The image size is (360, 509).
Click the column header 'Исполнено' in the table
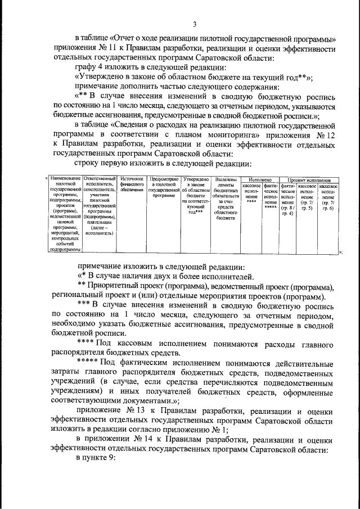pyautogui.click(x=259, y=179)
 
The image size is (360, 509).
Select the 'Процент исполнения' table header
pyautogui.click(x=309, y=179)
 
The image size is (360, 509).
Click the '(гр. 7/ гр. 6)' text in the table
pyautogui.click(x=328, y=205)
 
